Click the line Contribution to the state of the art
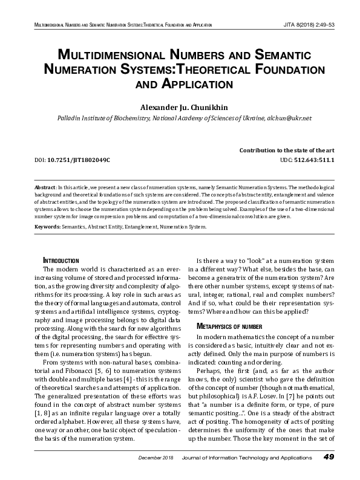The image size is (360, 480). coord(287,149)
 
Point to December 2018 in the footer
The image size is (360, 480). coord(155,474)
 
